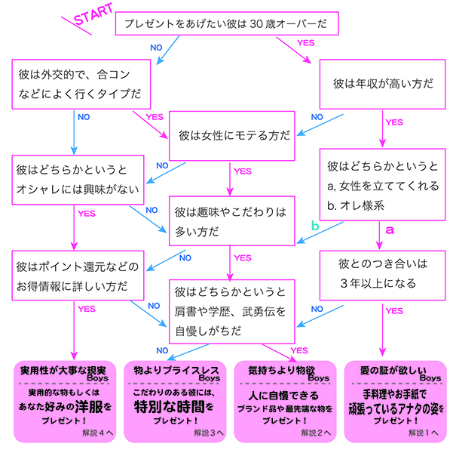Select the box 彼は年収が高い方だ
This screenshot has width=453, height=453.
(x=382, y=84)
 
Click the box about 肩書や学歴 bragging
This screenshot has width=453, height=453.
(x=231, y=310)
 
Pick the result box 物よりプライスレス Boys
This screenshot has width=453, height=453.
(x=174, y=401)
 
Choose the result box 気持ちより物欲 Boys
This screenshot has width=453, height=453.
(x=283, y=401)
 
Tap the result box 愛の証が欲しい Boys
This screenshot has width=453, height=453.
(x=393, y=401)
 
